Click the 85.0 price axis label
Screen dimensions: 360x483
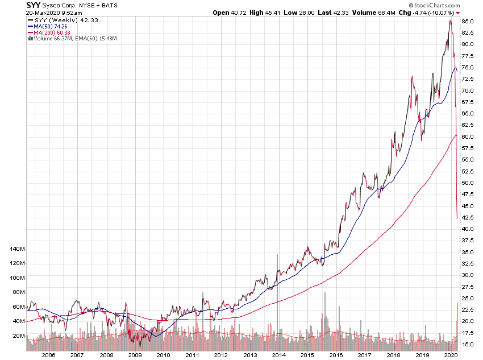pos(468,21)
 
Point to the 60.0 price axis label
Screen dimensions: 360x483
pos(468,137)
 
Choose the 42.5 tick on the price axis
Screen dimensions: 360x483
pos(468,218)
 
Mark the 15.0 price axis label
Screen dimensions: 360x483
pos(468,345)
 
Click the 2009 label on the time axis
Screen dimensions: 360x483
pos(134,354)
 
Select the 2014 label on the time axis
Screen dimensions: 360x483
pos(278,354)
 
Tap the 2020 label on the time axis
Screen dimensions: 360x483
pos(451,354)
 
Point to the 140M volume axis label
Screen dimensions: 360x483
pos(18,249)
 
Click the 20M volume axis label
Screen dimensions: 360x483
pos(19,336)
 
